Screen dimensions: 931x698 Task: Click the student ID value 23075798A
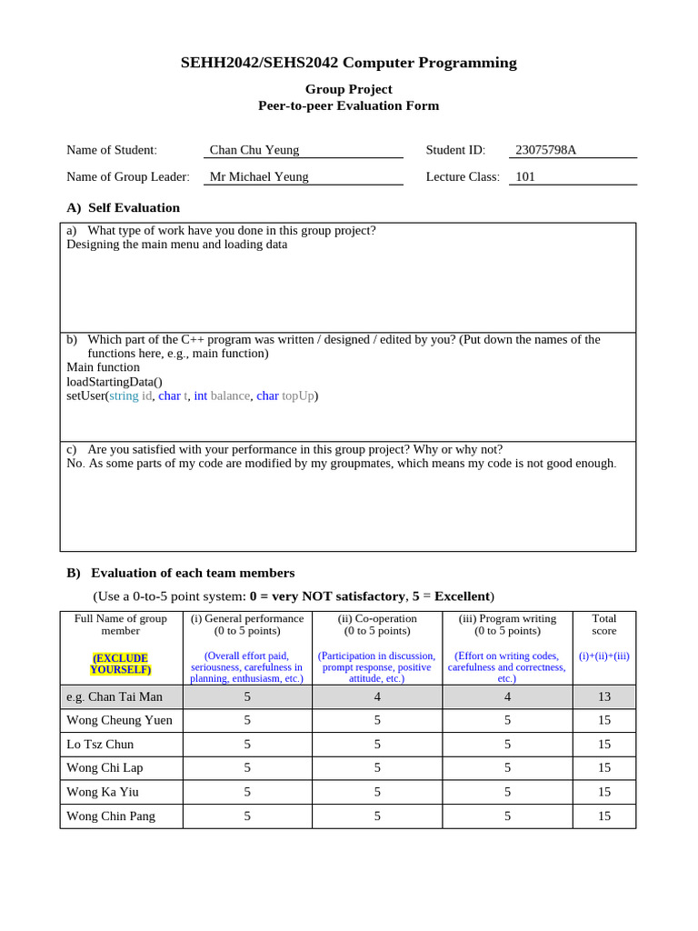point(545,150)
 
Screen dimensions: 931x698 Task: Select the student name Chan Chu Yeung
point(254,150)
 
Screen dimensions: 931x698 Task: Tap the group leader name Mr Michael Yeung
point(259,176)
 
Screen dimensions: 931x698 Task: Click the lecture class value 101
point(525,176)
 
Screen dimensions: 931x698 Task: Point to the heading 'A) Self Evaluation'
point(123,207)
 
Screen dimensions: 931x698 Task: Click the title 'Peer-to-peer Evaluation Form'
point(349,105)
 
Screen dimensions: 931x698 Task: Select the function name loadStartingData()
point(115,382)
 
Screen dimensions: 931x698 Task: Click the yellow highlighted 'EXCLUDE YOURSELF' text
point(121,664)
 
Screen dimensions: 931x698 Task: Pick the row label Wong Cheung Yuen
point(119,720)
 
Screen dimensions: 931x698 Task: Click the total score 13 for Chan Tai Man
point(603,696)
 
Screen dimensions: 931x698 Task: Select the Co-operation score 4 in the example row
point(376,696)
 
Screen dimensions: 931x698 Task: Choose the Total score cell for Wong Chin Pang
point(603,816)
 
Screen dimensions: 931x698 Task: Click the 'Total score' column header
point(603,625)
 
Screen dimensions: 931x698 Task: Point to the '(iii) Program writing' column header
point(507,619)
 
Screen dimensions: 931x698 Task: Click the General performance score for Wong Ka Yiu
point(247,792)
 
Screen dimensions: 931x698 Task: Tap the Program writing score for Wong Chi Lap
point(507,767)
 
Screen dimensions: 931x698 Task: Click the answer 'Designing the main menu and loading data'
point(176,245)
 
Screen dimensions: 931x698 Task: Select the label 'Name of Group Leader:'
point(128,176)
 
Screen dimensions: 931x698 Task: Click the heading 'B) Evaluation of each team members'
point(180,573)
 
